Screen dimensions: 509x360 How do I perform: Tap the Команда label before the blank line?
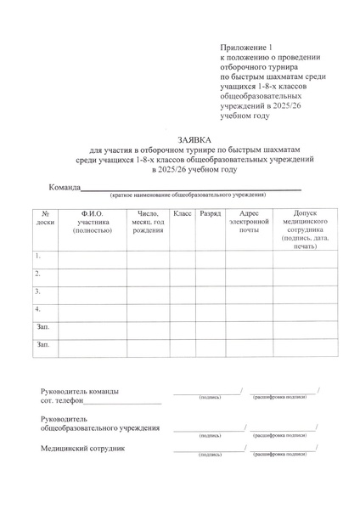64,187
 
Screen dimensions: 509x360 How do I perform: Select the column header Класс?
182,213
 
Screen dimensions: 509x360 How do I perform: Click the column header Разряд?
210,213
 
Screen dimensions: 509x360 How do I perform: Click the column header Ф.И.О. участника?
92,222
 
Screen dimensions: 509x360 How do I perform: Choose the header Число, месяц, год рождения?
148,222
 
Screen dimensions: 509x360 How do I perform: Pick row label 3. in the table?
38,291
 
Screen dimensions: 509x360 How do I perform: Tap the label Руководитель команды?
80,392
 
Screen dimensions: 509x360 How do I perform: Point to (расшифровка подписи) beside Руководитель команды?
279,397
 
